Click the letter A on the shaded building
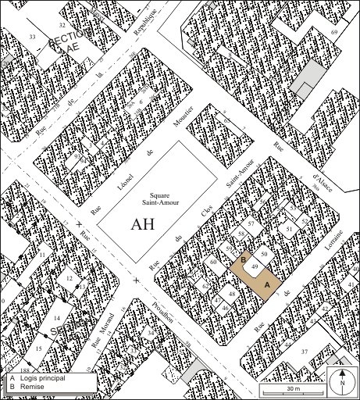tap(268, 287)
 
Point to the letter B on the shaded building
tap(244, 259)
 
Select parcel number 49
tap(255, 268)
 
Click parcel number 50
tap(264, 255)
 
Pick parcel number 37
tap(305, 352)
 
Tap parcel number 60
tap(212, 262)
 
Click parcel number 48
tap(232, 294)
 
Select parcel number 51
tap(290, 229)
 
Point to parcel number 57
tap(251, 223)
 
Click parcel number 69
tap(334, 32)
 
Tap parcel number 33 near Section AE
tap(32, 37)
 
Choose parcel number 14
tap(57, 319)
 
